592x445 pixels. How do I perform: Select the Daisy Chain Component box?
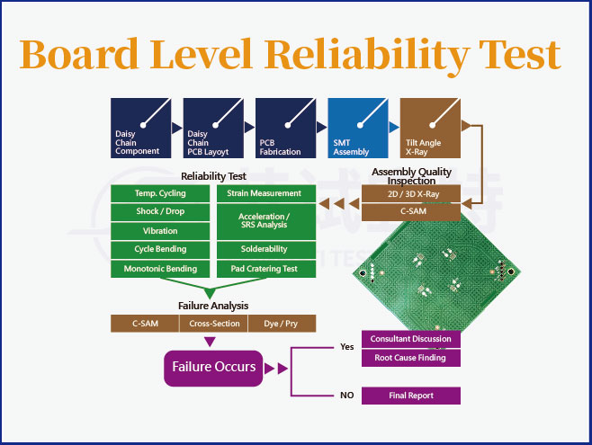tap(143, 128)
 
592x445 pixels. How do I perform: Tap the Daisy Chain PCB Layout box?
tap(215, 128)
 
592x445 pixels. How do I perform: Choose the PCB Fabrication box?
tap(287, 128)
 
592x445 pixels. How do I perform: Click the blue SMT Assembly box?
tap(360, 128)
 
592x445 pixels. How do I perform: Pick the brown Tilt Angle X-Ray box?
tap(431, 128)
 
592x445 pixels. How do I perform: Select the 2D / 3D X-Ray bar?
tap(411, 193)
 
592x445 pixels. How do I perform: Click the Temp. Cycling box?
tap(160, 193)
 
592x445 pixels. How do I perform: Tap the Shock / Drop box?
tap(160, 212)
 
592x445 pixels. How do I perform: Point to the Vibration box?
tap(160, 231)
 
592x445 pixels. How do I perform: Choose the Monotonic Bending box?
tap(160, 269)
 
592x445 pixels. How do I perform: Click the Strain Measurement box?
tap(264, 193)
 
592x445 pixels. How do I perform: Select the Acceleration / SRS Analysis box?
tap(264, 221)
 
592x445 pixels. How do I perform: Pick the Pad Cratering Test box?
tap(264, 269)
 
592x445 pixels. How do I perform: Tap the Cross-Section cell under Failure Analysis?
tap(214, 324)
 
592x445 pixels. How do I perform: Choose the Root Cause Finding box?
tap(410, 358)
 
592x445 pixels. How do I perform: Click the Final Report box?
tap(410, 395)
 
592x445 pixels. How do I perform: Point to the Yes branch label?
tap(347, 346)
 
